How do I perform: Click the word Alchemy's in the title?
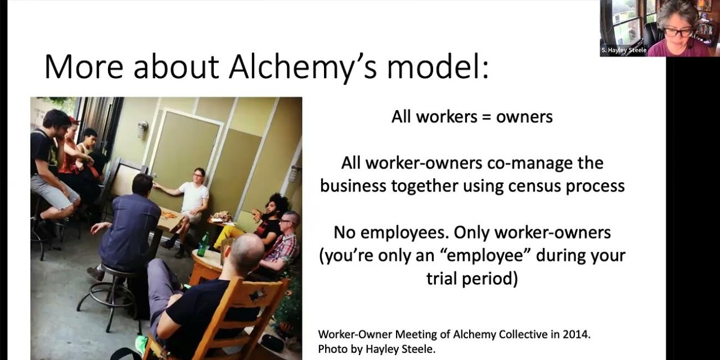coord(302,68)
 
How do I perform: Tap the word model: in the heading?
coord(438,67)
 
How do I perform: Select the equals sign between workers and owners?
coord(487,117)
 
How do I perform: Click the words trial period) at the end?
coord(472,279)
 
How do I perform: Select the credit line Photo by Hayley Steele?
coord(377,349)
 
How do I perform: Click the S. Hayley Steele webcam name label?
coord(624,50)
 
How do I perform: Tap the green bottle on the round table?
coord(203,245)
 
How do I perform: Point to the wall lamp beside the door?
coord(142,129)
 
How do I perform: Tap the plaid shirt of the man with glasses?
coord(283,248)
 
